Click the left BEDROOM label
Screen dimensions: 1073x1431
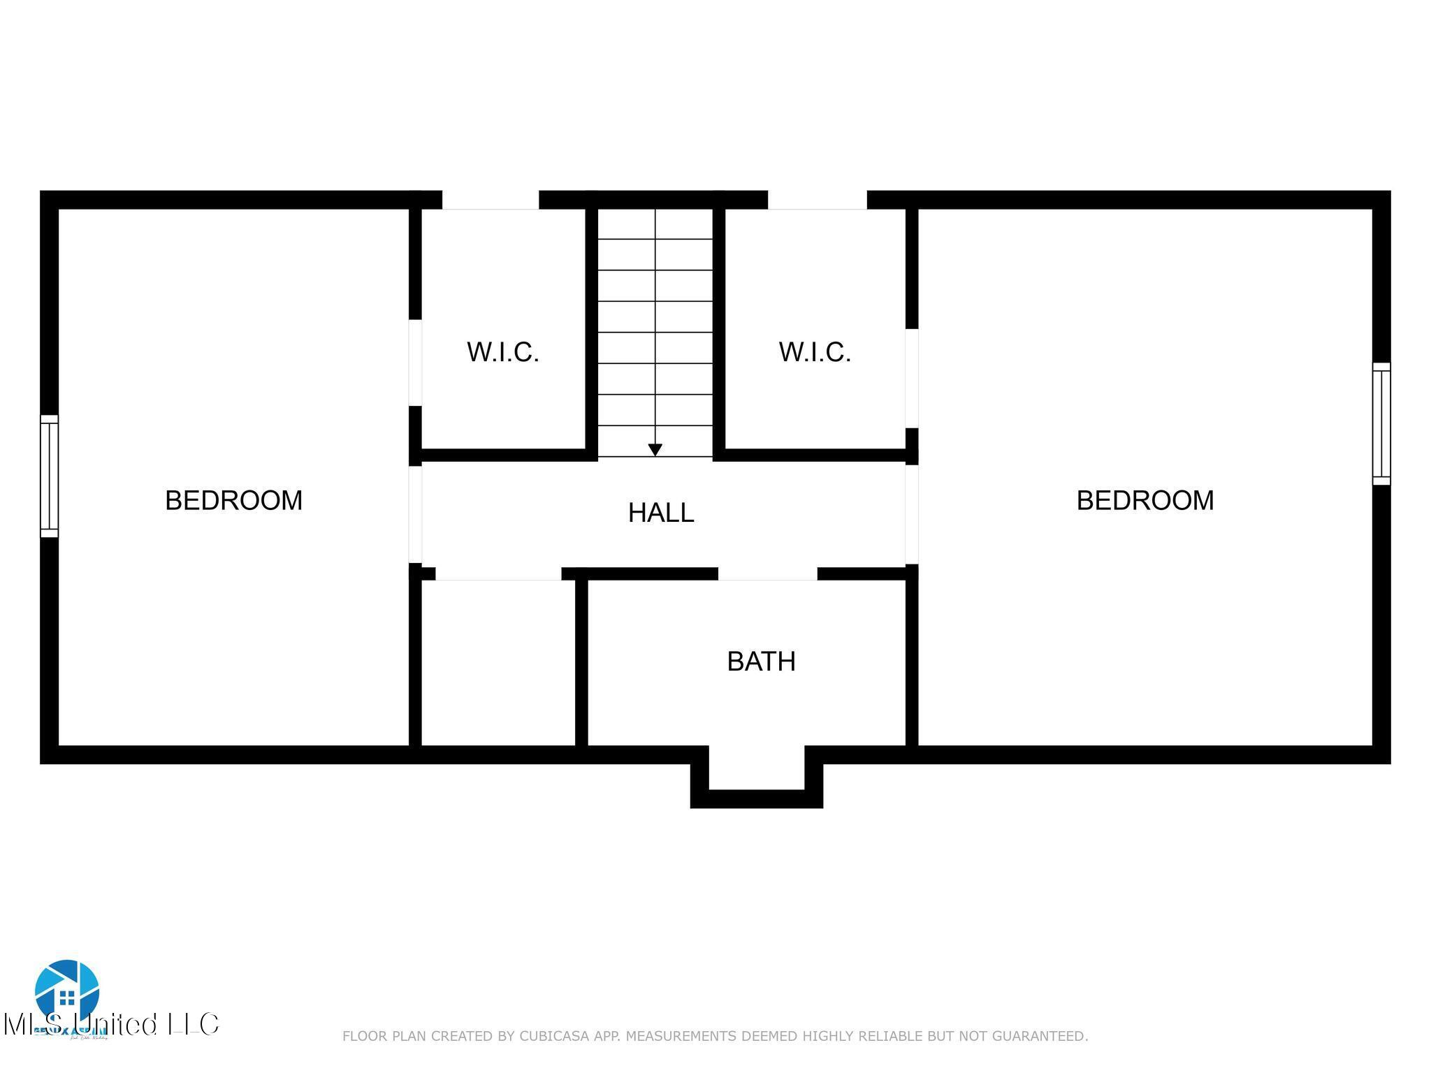tap(233, 500)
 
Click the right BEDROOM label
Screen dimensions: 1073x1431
tap(1145, 500)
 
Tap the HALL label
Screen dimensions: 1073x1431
tap(660, 513)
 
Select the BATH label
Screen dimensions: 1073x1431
tap(761, 661)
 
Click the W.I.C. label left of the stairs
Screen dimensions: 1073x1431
tap(503, 352)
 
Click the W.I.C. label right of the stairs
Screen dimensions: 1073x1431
tap(815, 352)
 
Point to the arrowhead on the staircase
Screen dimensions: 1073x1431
tap(655, 450)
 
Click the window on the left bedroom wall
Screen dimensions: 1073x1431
tap(49, 476)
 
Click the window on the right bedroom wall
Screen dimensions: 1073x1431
tap(1381, 423)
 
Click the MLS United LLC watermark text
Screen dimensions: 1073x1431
tap(112, 1025)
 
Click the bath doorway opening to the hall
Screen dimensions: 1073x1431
tap(767, 574)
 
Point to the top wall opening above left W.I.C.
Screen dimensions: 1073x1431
tap(490, 200)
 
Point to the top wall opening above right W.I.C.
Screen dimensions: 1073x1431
tap(817, 200)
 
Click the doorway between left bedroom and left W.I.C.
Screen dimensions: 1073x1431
tap(415, 363)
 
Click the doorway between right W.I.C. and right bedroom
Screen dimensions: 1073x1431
tap(911, 378)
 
